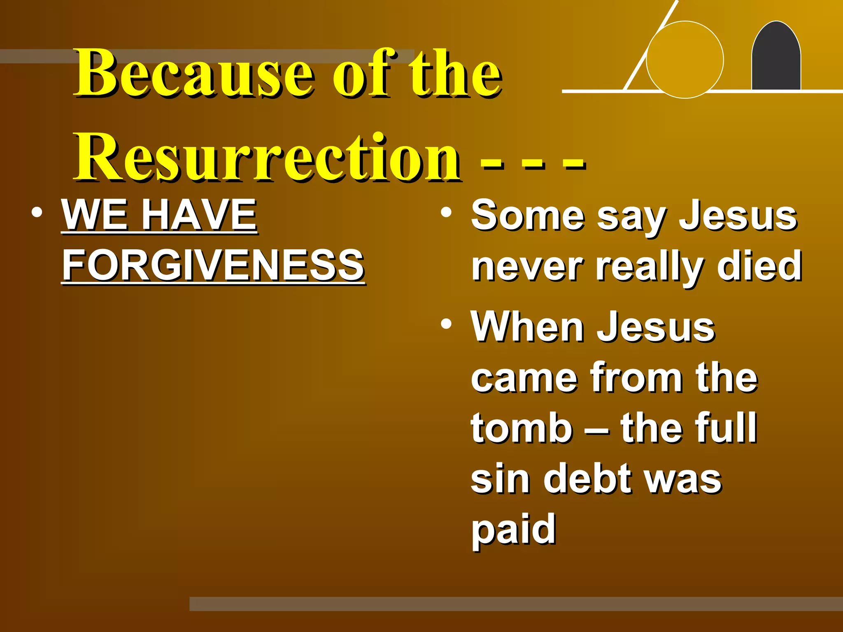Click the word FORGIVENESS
coord(213,265)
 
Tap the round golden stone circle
coord(685,60)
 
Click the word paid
coord(514,530)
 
